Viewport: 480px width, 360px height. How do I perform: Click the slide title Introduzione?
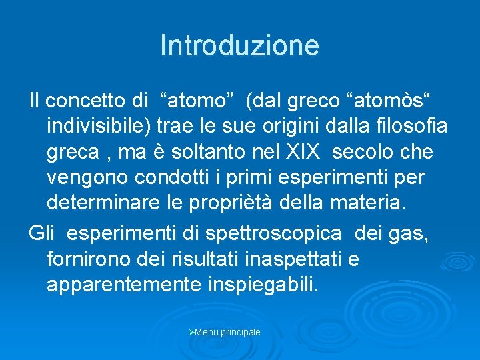tap(240, 45)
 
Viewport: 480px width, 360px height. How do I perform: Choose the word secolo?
tap(363, 152)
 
